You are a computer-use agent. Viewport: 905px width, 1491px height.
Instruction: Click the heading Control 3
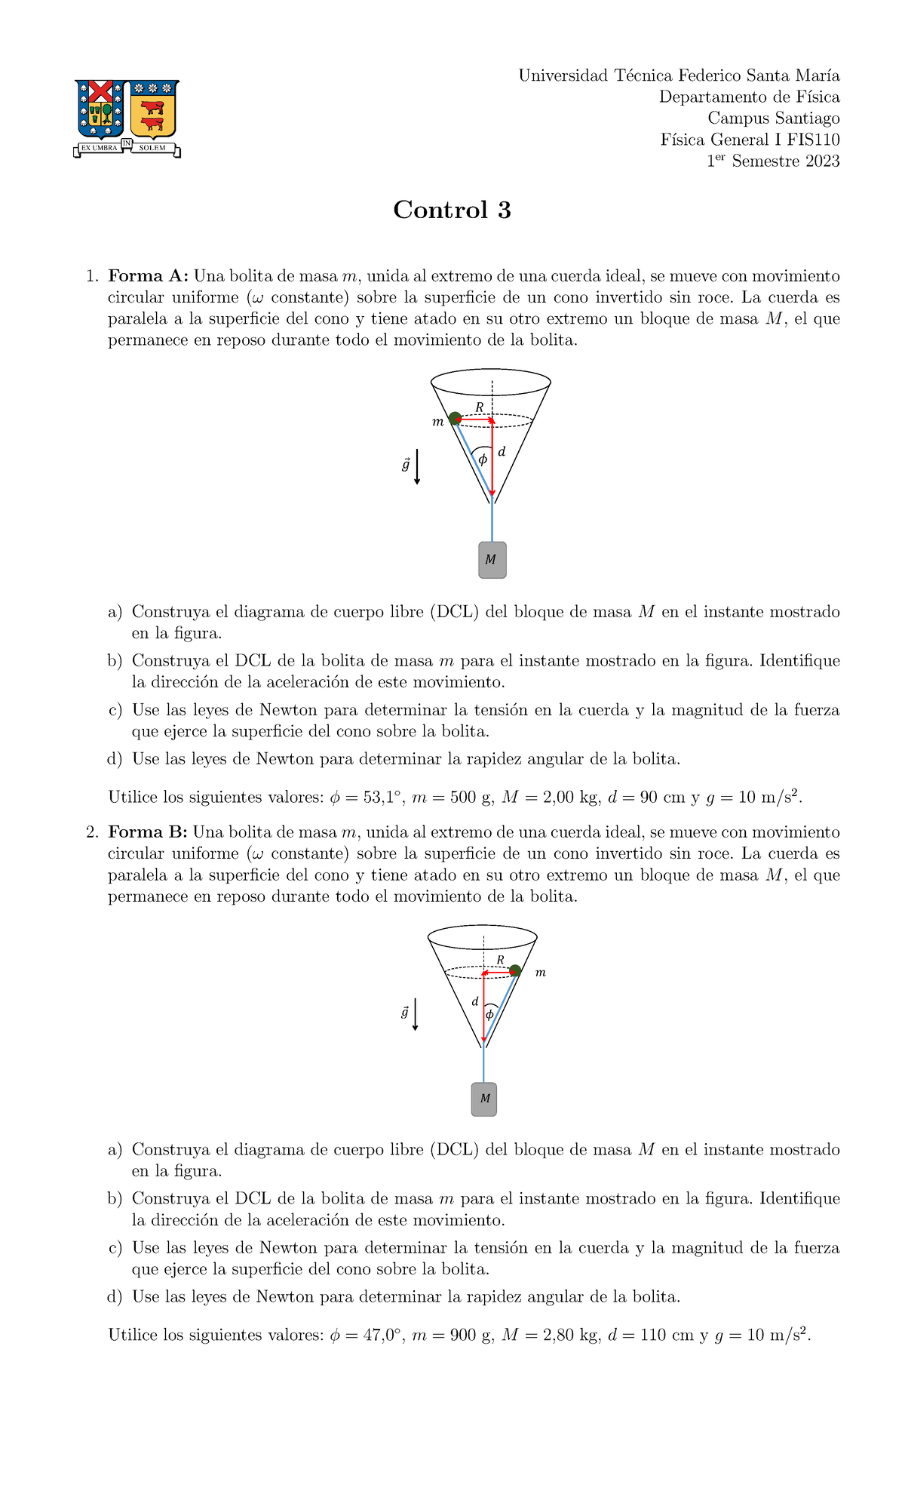[x=452, y=210]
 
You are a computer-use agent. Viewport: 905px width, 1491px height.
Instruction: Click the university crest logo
[x=127, y=118]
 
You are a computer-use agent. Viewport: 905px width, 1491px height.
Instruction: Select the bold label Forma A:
[x=147, y=276]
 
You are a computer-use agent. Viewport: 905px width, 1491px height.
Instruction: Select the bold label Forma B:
[x=147, y=832]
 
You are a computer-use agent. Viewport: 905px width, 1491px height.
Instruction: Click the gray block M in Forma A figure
[x=492, y=560]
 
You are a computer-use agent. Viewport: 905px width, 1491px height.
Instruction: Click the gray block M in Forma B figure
[x=484, y=1099]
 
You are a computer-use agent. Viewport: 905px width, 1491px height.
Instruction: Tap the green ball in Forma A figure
[x=455, y=418]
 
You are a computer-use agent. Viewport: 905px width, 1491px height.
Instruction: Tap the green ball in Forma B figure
[x=515, y=970]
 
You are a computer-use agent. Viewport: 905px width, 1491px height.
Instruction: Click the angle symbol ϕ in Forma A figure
[x=483, y=459]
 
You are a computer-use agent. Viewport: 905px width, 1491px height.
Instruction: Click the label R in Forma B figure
[x=500, y=960]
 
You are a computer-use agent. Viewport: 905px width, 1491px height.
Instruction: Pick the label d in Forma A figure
[x=502, y=452]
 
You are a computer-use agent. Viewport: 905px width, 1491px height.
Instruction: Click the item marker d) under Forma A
[x=115, y=759]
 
